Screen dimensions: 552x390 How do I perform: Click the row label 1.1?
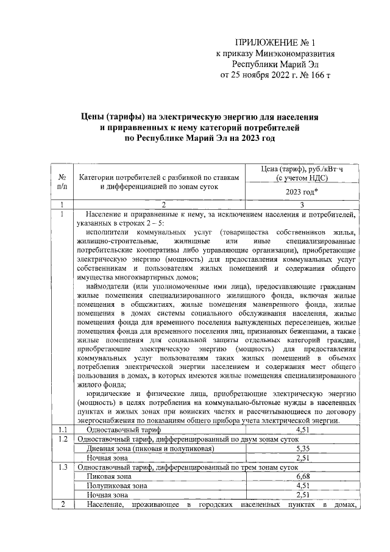coord(65,429)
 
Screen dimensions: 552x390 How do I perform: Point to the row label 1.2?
coord(65,439)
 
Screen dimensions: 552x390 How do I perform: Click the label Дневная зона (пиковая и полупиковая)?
coord(150,448)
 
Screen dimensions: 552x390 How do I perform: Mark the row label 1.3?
coord(65,467)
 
